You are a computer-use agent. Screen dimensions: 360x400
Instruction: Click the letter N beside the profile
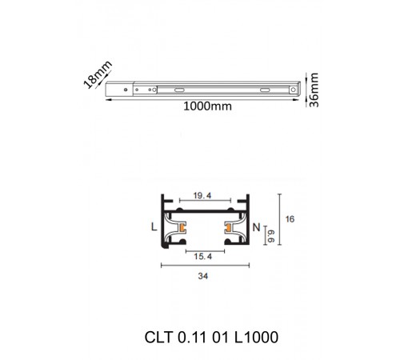256,228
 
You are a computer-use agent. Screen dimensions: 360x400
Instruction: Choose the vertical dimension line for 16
279,227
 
